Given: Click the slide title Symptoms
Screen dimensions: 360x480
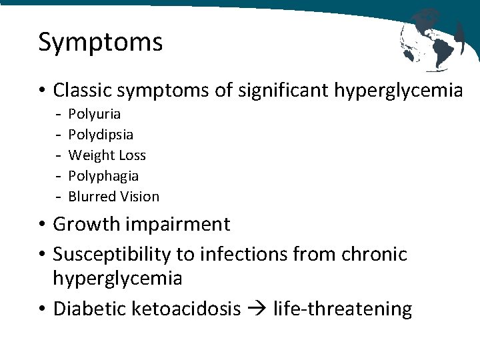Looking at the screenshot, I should (x=101, y=42).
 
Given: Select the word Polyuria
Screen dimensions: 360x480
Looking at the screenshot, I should (x=95, y=114).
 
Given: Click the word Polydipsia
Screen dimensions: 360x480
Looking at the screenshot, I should (x=101, y=135).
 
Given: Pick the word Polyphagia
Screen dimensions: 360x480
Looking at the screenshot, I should (x=103, y=176).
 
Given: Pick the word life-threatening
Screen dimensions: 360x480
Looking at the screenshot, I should (x=342, y=309).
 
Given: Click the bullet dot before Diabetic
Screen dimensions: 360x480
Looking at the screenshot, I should (x=43, y=309).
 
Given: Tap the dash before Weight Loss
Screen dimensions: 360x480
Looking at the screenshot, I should (x=59, y=155).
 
